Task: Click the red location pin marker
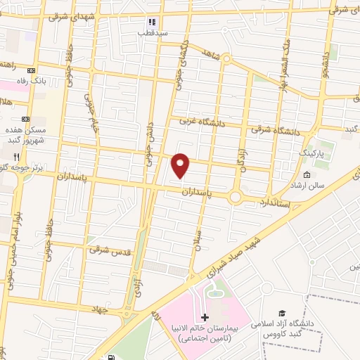pos(181,165)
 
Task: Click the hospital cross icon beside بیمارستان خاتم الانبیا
pos(205,318)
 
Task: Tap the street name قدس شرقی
pos(105,249)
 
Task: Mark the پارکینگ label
pos(313,152)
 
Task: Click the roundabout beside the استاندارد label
pos(236,198)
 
